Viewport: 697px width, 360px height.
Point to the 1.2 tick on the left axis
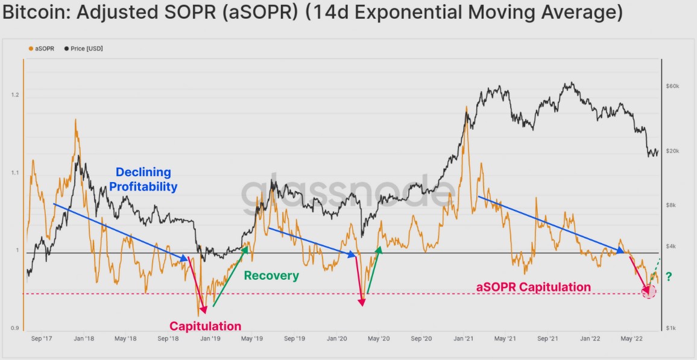14,95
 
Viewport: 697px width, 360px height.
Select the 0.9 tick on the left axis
14,329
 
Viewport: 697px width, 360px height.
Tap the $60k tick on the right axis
672,86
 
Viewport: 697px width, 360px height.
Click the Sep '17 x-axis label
42,339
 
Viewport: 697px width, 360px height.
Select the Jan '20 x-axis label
337,339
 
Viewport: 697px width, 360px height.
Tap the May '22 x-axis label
632,339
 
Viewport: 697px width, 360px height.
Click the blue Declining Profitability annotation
143,180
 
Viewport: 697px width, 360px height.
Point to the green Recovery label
271,276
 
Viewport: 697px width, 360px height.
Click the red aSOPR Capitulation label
533,287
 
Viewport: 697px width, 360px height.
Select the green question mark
669,277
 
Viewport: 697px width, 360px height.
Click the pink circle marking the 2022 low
649,292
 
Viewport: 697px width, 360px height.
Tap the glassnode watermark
348,192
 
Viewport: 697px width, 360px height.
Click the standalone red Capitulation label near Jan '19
205,326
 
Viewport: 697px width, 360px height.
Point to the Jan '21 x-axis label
464,339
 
